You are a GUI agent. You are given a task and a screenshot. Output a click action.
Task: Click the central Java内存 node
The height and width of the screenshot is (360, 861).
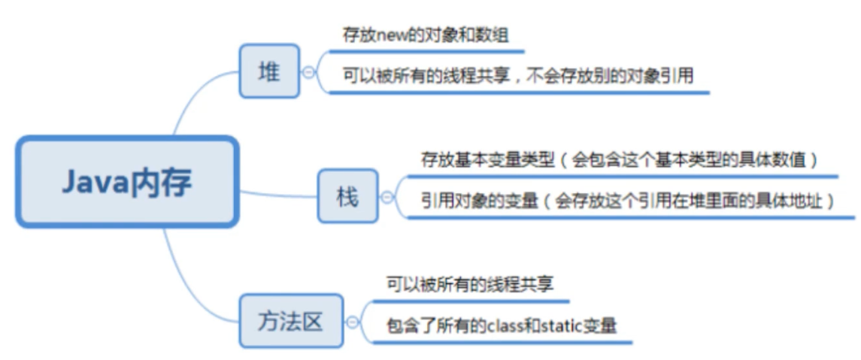tap(127, 182)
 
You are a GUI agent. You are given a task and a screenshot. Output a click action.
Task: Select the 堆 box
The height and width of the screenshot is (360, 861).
tap(269, 71)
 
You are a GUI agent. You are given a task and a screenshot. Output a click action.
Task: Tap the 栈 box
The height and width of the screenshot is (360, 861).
tap(347, 197)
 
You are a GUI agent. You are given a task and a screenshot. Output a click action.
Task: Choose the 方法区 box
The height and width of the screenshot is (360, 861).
tap(291, 322)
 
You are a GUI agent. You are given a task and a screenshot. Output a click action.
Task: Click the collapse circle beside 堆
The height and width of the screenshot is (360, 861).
tap(308, 72)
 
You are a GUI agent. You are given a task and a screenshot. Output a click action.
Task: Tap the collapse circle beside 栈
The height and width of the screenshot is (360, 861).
tap(387, 198)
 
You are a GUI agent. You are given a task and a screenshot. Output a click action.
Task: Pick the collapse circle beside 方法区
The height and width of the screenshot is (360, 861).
tap(352, 322)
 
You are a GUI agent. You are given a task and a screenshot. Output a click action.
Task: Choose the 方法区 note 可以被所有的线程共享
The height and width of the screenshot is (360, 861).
tap(471, 285)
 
